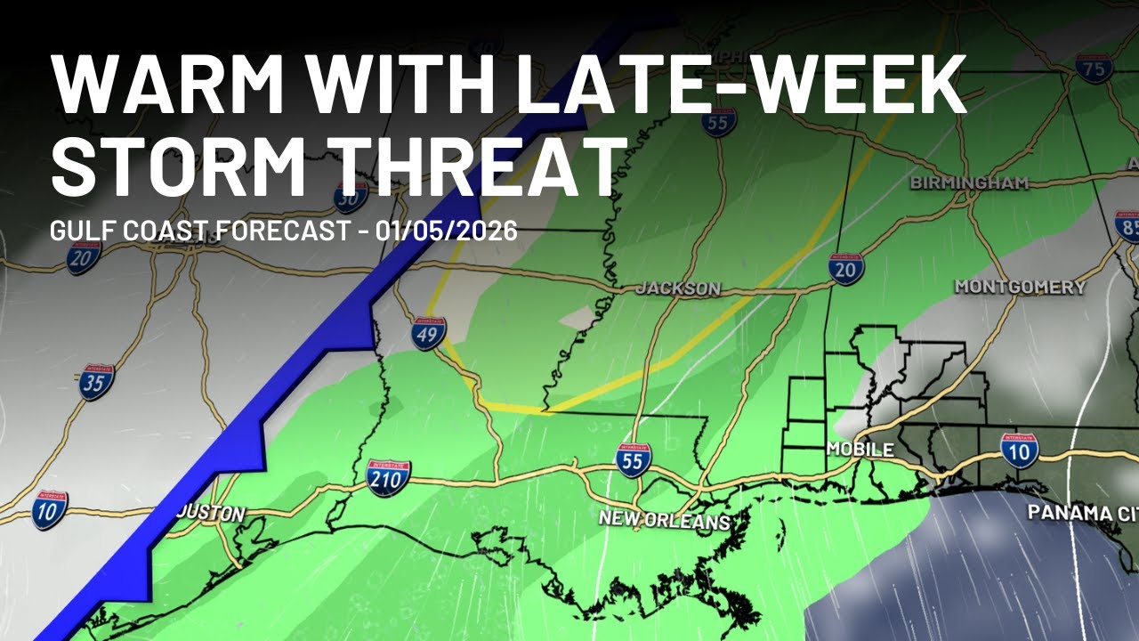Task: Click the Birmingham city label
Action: pos(969,183)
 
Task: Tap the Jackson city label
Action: pos(678,289)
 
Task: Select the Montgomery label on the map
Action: pos(1020,287)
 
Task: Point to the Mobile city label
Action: pos(860,450)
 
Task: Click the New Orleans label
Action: pos(664,519)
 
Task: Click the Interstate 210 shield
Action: pos(389,478)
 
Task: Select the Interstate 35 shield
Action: pos(95,382)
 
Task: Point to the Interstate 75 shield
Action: pos(1094,67)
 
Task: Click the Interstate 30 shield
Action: pos(351,196)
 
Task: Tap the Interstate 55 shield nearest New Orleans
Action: pos(633,459)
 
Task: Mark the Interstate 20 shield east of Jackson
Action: pos(845,268)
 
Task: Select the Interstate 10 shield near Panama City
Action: pos(1020,450)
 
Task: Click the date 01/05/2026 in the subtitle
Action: pos(446,231)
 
